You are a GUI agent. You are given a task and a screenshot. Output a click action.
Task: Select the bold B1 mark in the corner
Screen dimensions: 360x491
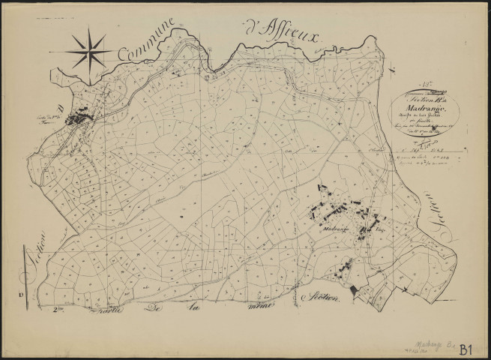[x=464, y=347]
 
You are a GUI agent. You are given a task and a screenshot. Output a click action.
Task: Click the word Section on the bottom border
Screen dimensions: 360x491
[x=324, y=298]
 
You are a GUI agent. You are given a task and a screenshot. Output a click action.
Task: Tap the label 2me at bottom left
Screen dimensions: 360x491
[x=62, y=309]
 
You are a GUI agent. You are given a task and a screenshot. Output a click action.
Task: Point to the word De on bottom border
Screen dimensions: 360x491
[x=154, y=310]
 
